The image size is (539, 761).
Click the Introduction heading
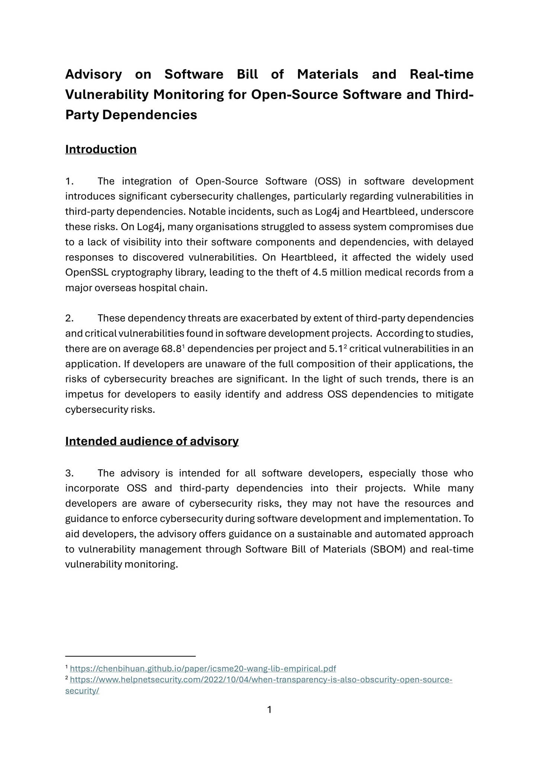[101, 149]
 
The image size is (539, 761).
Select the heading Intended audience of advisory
[152, 441]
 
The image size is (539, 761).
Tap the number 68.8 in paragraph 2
[171, 349]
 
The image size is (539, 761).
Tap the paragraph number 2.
[69, 318]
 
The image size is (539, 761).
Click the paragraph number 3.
[69, 473]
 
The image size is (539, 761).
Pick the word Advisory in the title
[93, 74]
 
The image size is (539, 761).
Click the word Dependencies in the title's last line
[150, 115]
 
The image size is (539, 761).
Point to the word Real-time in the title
[441, 74]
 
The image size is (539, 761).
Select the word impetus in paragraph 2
[84, 395]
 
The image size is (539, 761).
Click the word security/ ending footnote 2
[82, 691]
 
